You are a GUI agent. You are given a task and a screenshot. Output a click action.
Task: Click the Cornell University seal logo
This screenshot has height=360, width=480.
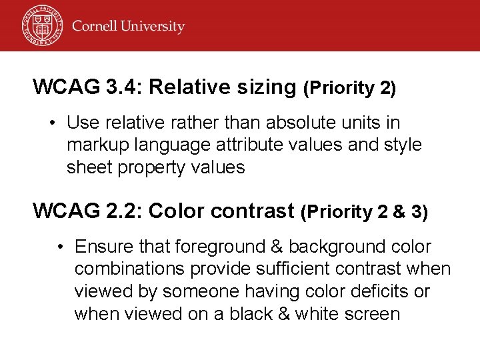click(41, 25)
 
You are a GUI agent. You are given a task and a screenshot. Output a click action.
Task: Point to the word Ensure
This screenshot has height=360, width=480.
click(103, 247)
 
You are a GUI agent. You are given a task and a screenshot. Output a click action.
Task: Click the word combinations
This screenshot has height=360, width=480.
click(131, 269)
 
